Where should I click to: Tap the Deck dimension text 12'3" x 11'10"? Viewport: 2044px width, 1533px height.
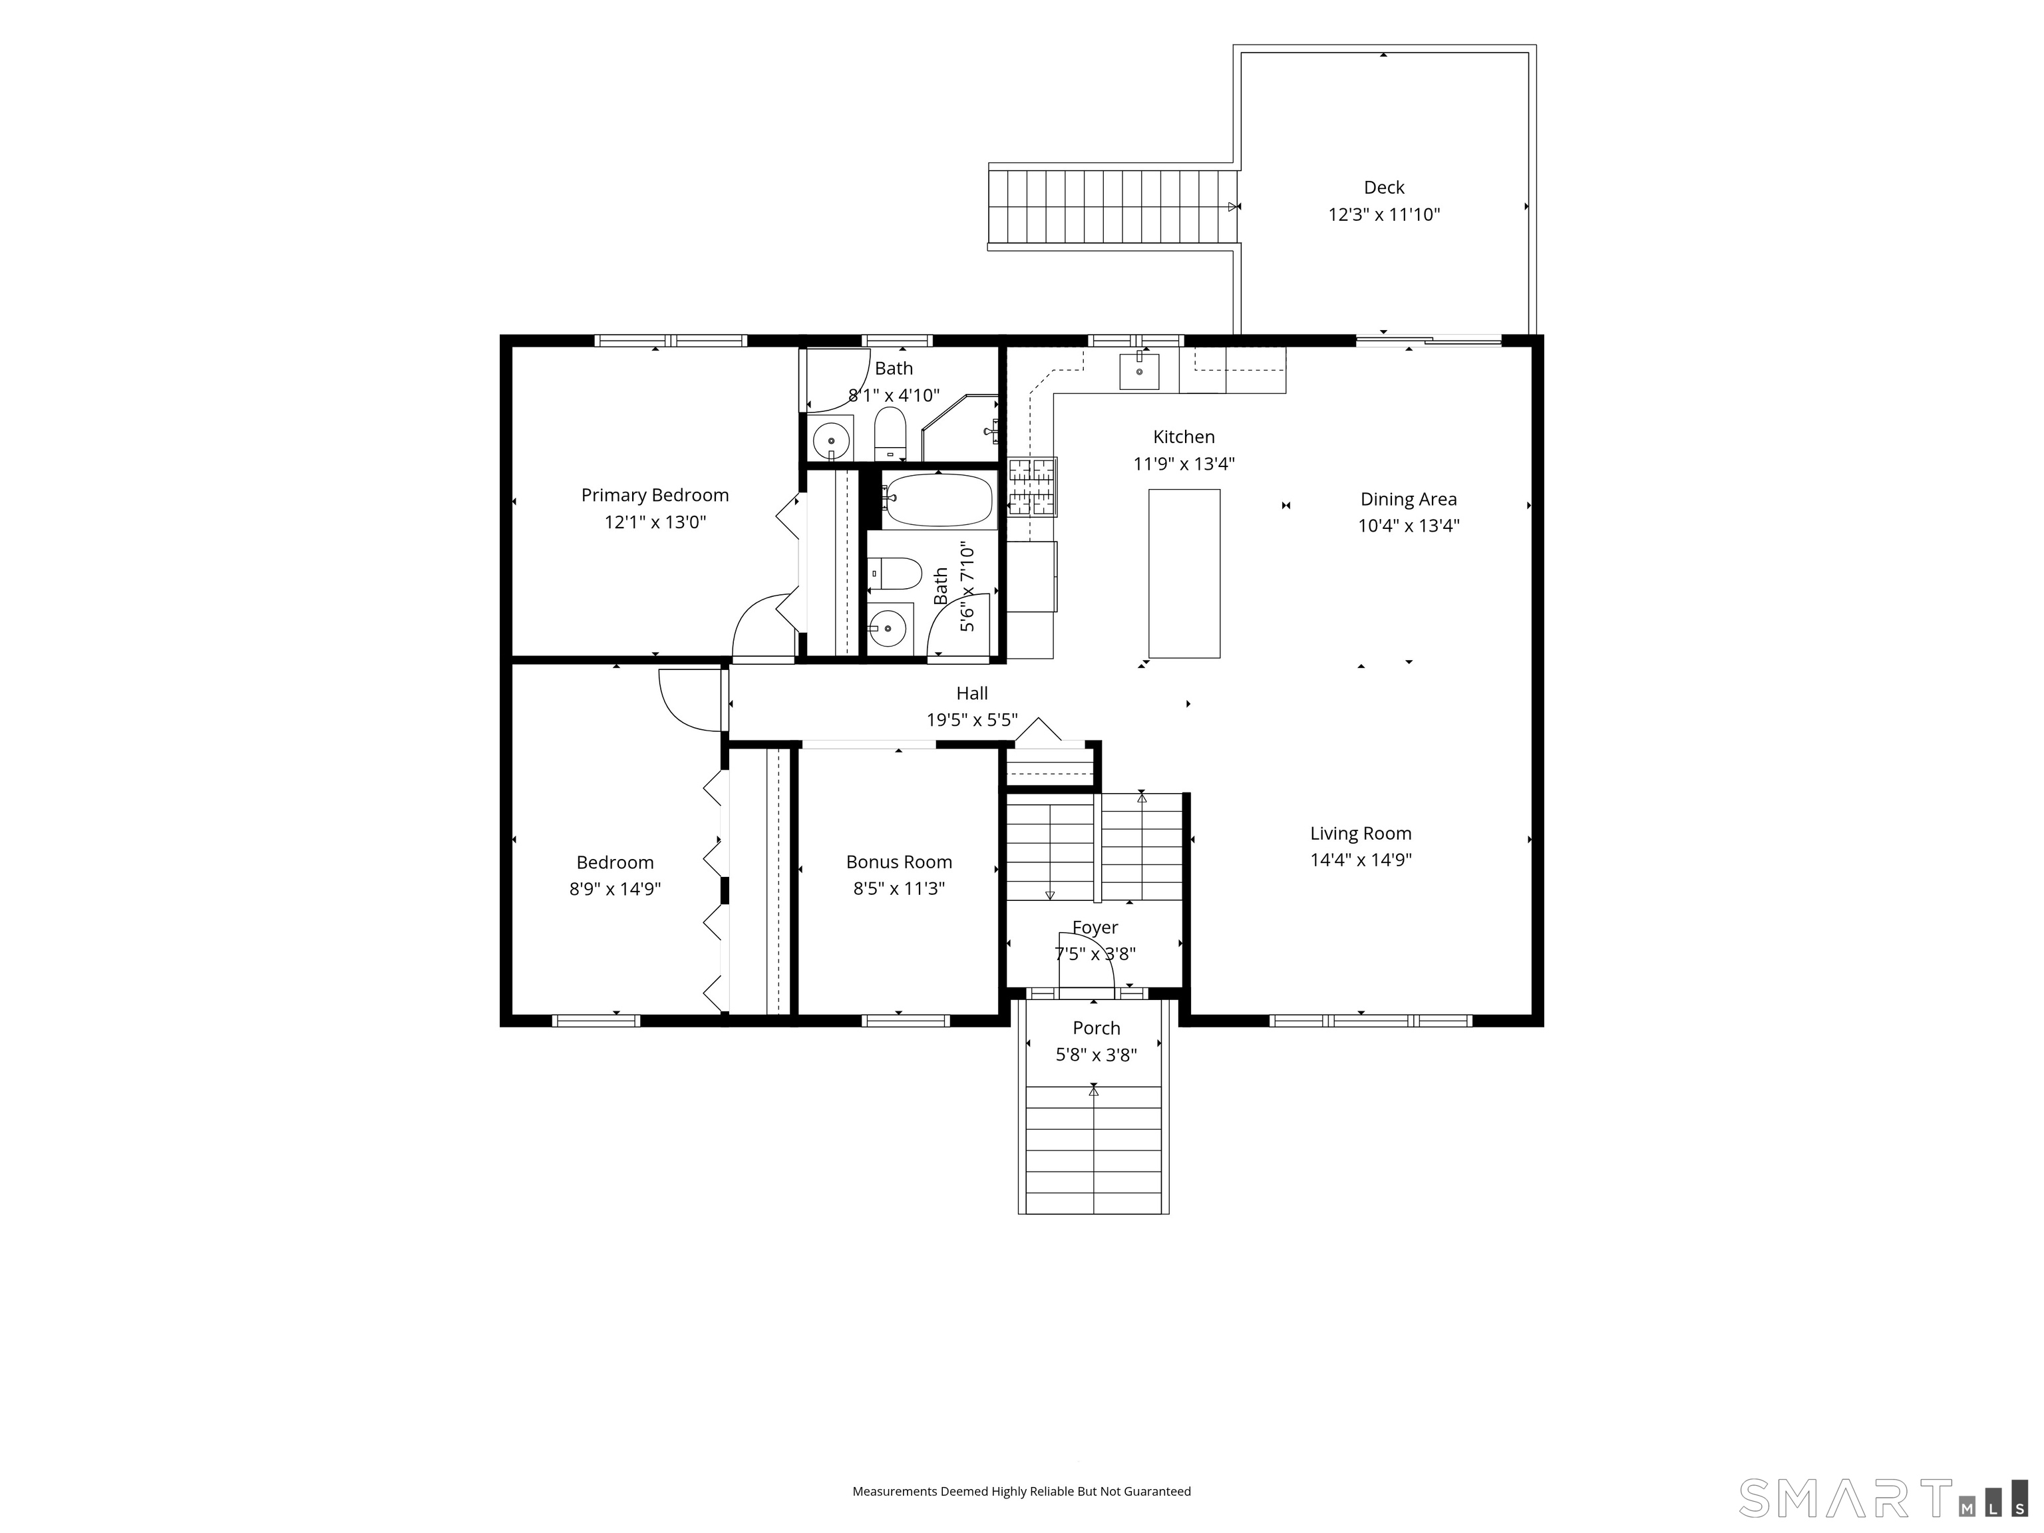[1383, 214]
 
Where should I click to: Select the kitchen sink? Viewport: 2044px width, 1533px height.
[1139, 371]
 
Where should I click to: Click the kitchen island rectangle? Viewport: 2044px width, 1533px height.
[1184, 573]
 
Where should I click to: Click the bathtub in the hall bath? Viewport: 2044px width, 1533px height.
[937, 500]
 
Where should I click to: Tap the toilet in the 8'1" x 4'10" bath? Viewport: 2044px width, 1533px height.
[890, 434]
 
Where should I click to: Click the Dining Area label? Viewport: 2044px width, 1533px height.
[1409, 499]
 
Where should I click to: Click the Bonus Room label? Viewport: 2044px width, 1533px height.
[899, 862]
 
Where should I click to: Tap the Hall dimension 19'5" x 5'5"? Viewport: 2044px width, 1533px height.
[972, 720]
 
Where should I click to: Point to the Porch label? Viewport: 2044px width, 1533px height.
[1096, 1027]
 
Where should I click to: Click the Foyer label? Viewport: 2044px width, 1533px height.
[1095, 927]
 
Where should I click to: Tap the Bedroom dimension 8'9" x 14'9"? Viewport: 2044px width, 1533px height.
[615, 889]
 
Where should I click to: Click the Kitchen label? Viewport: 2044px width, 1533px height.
[1184, 437]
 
